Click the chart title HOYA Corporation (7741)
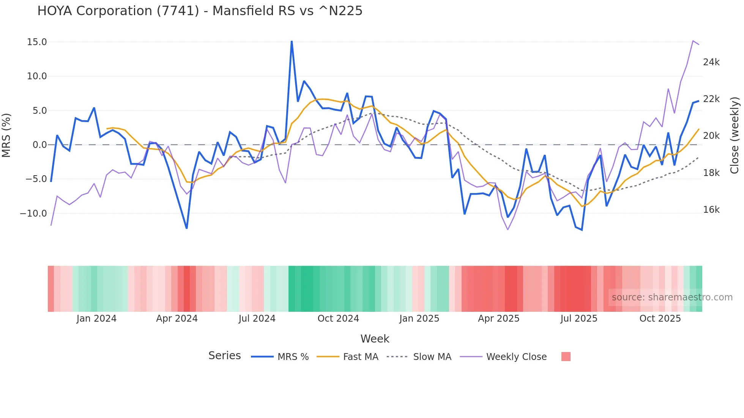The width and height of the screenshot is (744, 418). (200, 11)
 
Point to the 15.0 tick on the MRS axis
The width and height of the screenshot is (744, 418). (37, 42)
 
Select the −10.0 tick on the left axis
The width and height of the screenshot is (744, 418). (33, 214)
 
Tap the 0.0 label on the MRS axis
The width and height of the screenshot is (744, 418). (39, 145)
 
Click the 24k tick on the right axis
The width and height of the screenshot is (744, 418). (711, 62)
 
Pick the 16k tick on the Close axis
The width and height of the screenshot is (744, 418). (711, 210)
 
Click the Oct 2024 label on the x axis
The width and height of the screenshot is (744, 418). (338, 319)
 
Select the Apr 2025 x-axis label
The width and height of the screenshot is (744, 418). (498, 319)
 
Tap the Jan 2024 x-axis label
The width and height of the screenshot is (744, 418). (96, 319)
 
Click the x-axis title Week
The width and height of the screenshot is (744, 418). (375, 339)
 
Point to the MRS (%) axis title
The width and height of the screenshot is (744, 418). (6, 135)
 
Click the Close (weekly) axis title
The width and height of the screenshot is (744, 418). (735, 135)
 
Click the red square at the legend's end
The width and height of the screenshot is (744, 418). (566, 357)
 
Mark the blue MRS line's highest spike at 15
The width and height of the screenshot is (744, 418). (292, 41)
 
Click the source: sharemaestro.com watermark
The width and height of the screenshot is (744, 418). (672, 297)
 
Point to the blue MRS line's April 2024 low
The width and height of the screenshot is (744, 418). (186, 228)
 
